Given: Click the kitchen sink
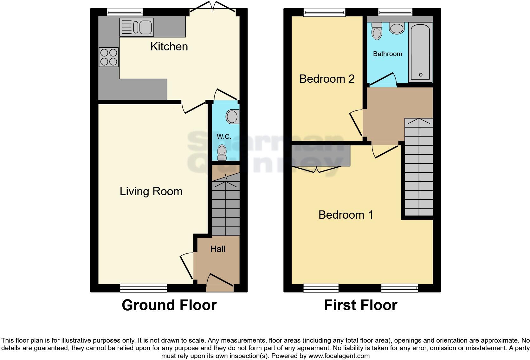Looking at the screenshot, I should (x=137, y=27).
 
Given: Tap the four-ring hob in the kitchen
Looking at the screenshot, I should (x=109, y=57).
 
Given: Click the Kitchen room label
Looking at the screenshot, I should (x=169, y=47).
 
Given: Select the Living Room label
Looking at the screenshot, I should (x=151, y=191).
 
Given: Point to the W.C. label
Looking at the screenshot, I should (x=224, y=137).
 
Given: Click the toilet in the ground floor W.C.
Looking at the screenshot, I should (x=222, y=152).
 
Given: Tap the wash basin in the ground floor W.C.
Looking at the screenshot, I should (x=233, y=117).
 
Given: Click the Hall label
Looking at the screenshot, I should (x=218, y=249).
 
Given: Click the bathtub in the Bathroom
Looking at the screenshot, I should (x=420, y=52).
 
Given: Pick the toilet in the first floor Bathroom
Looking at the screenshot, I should (x=377, y=31).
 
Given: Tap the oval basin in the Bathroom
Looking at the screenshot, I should (x=397, y=28).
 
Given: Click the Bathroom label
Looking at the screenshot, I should (x=387, y=54).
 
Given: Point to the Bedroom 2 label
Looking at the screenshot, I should (x=327, y=79).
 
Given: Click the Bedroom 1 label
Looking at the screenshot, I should (x=346, y=215).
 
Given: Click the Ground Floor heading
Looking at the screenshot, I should (x=169, y=305).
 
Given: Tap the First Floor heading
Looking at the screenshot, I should (x=360, y=305).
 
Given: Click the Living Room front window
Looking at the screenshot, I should (x=144, y=288).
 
